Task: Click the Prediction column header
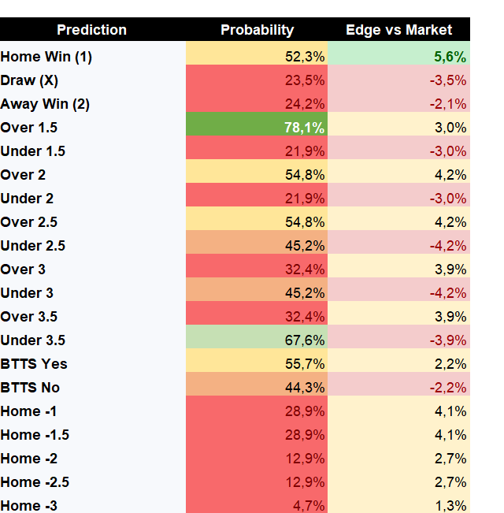point(91,30)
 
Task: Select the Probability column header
point(258,30)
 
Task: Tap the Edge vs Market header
point(398,30)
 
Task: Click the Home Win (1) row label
point(46,57)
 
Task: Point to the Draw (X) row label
point(29,80)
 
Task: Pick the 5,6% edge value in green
point(450,57)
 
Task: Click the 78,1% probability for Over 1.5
point(304,128)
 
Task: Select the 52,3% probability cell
point(305,57)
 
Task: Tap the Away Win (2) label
point(45,104)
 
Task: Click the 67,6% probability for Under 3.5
point(305,340)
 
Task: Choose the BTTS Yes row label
point(34,364)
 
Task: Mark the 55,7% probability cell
point(305,364)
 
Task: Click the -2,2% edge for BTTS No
point(448,388)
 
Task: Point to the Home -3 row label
point(29,506)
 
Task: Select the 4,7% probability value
point(309,506)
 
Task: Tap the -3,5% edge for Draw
point(448,80)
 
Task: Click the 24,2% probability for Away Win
point(305,104)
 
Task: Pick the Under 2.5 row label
point(33,246)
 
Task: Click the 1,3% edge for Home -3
point(450,506)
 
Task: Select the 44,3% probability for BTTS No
point(305,388)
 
